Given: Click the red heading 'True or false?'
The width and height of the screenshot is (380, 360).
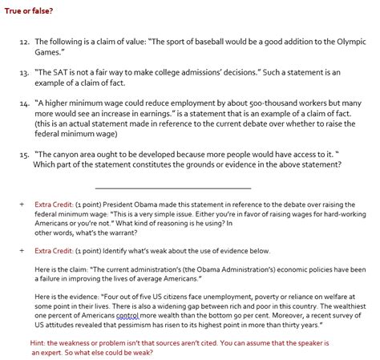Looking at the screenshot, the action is [26, 10].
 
